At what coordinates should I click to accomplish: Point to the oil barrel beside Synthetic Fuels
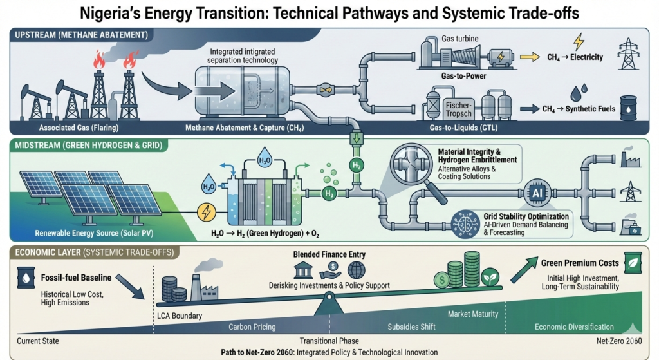[x=627, y=107]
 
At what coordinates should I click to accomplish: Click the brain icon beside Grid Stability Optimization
[x=465, y=221]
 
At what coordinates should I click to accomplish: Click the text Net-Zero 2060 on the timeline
[x=620, y=341]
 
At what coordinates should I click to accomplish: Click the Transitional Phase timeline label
[x=329, y=341]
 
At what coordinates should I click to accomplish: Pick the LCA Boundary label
[x=180, y=316]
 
